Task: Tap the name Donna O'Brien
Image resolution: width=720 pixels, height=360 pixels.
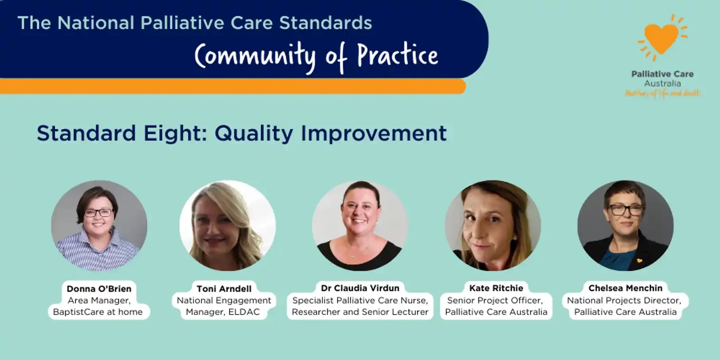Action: [99, 288]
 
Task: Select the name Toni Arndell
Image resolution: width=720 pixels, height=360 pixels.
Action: [224, 288]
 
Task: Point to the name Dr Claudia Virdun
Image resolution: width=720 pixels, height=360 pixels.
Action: [360, 288]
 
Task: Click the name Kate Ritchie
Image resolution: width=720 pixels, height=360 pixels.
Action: [496, 288]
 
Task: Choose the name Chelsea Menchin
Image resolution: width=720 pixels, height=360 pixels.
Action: [625, 288]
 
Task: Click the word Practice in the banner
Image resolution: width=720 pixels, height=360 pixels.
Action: [397, 56]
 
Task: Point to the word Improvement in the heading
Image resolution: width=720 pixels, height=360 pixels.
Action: [373, 133]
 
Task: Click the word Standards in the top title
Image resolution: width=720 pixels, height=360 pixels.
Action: [325, 23]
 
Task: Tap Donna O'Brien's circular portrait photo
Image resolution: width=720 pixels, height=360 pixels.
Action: [99, 225]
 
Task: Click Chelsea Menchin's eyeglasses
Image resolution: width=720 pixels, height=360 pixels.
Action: [625, 209]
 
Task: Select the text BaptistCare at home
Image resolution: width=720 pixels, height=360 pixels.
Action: [98, 312]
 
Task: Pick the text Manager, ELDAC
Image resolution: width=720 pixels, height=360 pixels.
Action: [223, 312]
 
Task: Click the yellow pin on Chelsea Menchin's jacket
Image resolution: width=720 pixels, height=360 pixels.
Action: [639, 261]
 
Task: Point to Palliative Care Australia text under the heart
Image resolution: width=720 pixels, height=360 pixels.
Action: [662, 79]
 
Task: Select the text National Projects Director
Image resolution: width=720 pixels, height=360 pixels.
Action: [624, 300]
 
